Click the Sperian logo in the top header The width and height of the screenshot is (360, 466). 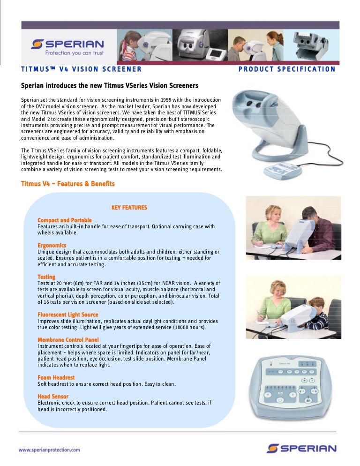tap(67, 44)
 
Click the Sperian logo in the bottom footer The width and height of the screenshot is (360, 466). tap(301, 448)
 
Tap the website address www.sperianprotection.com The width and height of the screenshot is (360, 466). tap(49, 450)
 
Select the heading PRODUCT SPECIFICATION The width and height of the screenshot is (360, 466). tap(287, 69)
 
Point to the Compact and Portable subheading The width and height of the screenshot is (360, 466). tap(64, 220)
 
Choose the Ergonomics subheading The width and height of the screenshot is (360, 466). tap(52, 246)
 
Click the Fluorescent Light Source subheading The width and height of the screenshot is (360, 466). tap(67, 315)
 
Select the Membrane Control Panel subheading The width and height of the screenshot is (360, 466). tap(68, 339)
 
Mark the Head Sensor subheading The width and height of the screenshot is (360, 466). tap(52, 397)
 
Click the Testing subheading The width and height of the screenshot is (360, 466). tap(46, 277)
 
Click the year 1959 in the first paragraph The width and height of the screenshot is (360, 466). tap(167, 100)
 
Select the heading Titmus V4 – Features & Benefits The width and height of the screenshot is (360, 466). tap(67, 184)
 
